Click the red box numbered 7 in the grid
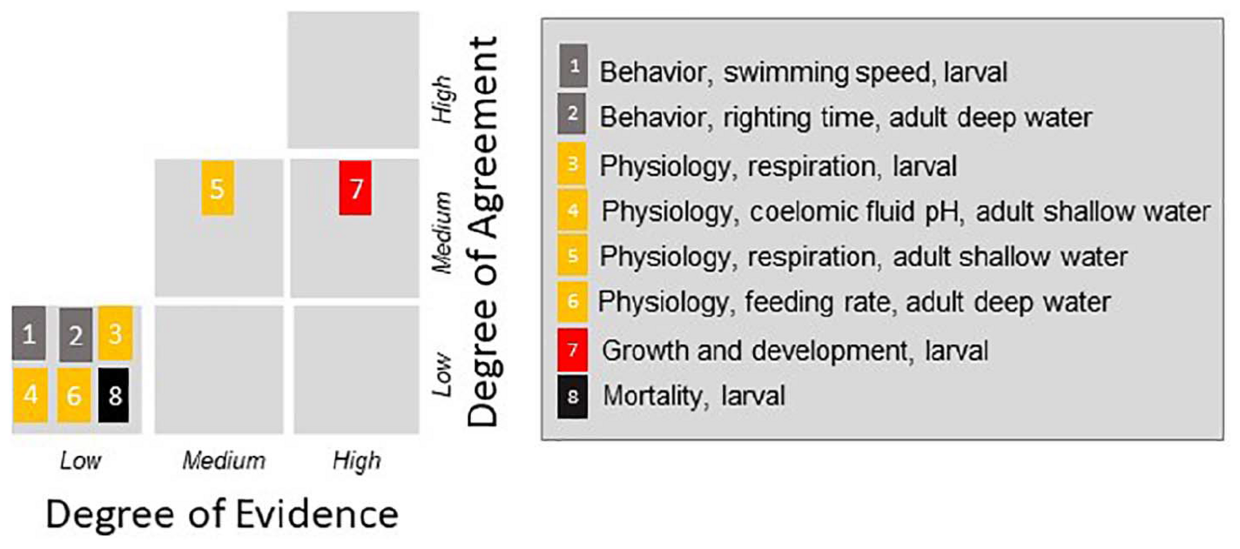click(x=355, y=188)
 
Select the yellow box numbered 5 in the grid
click(x=217, y=188)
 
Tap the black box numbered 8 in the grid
click(x=114, y=395)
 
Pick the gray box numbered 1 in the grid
click(x=29, y=333)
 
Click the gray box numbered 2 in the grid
click(x=75, y=335)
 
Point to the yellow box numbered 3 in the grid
click(x=115, y=333)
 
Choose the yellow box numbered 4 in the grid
click(x=30, y=395)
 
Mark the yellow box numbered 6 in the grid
click(x=74, y=395)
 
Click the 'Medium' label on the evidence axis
click(x=224, y=461)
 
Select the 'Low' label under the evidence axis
click(x=80, y=461)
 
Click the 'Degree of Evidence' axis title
click(x=222, y=515)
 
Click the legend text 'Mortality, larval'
click(x=693, y=396)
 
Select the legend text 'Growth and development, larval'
click(x=795, y=351)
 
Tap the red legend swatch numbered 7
click(x=572, y=350)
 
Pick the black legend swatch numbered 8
click(x=572, y=396)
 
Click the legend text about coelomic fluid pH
click(x=905, y=212)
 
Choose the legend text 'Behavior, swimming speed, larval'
click(x=803, y=72)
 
